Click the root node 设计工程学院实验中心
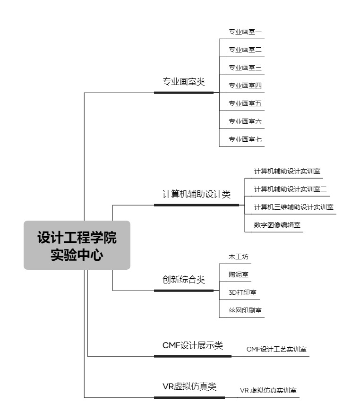click(x=77, y=245)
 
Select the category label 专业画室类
click(x=184, y=82)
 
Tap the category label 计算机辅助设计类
click(x=197, y=194)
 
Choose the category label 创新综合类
click(x=184, y=279)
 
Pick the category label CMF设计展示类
click(x=192, y=345)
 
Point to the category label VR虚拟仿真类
click(x=189, y=386)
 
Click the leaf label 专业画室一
click(x=245, y=32)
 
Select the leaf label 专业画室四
click(x=245, y=86)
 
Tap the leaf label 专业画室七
click(x=245, y=139)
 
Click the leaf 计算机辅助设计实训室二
click(x=291, y=189)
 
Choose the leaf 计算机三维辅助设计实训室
click(x=294, y=207)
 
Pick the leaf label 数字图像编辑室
click(x=277, y=225)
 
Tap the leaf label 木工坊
click(x=239, y=257)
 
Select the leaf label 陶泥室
click(x=239, y=274)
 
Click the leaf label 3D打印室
click(x=242, y=292)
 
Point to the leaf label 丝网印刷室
click(x=245, y=310)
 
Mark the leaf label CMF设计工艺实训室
click(x=276, y=349)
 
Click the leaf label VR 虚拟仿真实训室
click(x=268, y=390)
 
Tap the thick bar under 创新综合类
click(x=184, y=291)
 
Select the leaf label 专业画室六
click(x=245, y=121)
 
